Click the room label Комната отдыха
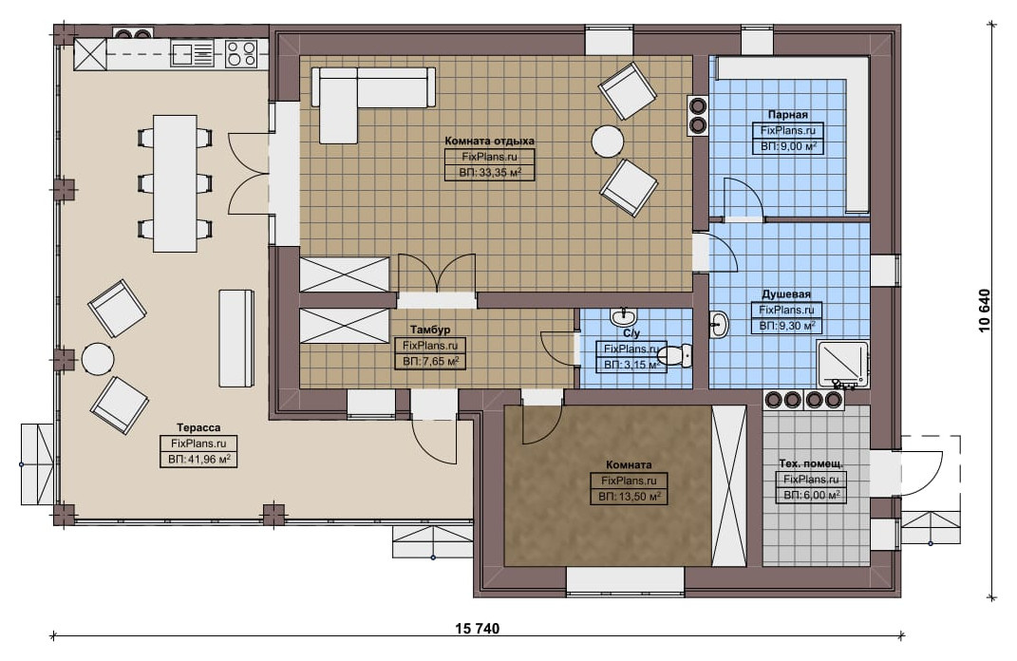pos(489,141)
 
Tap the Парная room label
pos(787,114)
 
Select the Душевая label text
pos(786,293)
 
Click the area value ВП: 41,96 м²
pos(198,460)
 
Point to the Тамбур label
pos(429,330)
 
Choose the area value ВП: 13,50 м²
pos(629,497)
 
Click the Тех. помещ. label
pos(811,463)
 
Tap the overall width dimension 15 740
pos(478,628)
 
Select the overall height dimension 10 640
pos(986,311)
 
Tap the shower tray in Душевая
pos(842,364)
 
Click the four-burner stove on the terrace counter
pos(241,53)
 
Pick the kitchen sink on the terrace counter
pos(192,53)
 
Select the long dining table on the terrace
pos(175,183)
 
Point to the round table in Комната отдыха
pos(608,141)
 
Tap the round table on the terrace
pos(98,359)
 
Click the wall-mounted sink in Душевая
pos(718,325)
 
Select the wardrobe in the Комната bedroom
pos(729,486)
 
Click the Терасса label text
pos(198,427)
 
